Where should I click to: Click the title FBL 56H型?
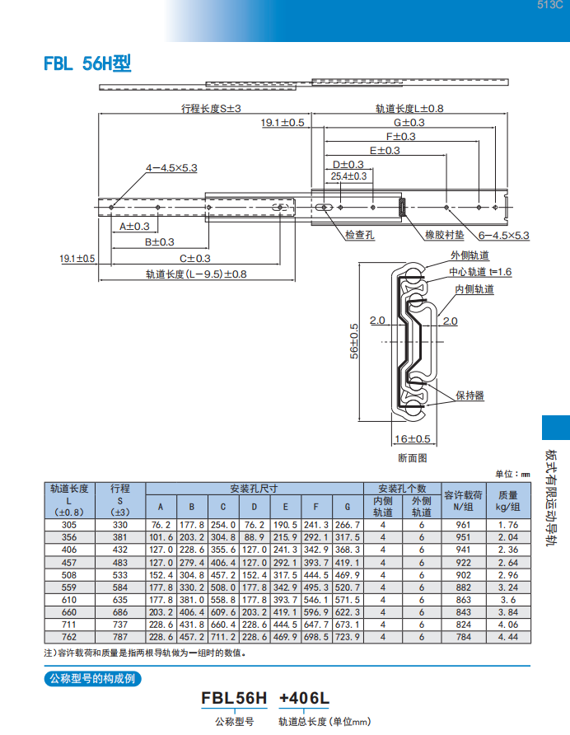87,63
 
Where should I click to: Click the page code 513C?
550,5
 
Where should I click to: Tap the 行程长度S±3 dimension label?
211,108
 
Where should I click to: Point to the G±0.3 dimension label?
409,122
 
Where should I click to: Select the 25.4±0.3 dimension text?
348,176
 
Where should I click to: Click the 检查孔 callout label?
360,234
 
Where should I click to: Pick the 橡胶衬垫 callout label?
444,234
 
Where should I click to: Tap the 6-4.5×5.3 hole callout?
504,236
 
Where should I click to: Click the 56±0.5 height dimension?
354,341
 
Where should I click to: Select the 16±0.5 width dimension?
413,438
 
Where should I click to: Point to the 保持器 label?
470,396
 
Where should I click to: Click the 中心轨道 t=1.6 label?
480,272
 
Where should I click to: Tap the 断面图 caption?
413,458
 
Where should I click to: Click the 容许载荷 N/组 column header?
463,501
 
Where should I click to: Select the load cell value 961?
463,525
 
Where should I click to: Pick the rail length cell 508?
69,574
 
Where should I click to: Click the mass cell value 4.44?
508,637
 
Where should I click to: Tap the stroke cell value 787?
120,637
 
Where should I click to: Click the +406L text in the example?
304,698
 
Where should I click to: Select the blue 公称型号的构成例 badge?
92,678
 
